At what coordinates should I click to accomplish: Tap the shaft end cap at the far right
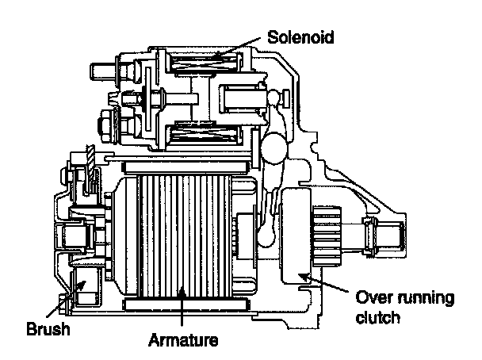pyautogui.click(x=392, y=234)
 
